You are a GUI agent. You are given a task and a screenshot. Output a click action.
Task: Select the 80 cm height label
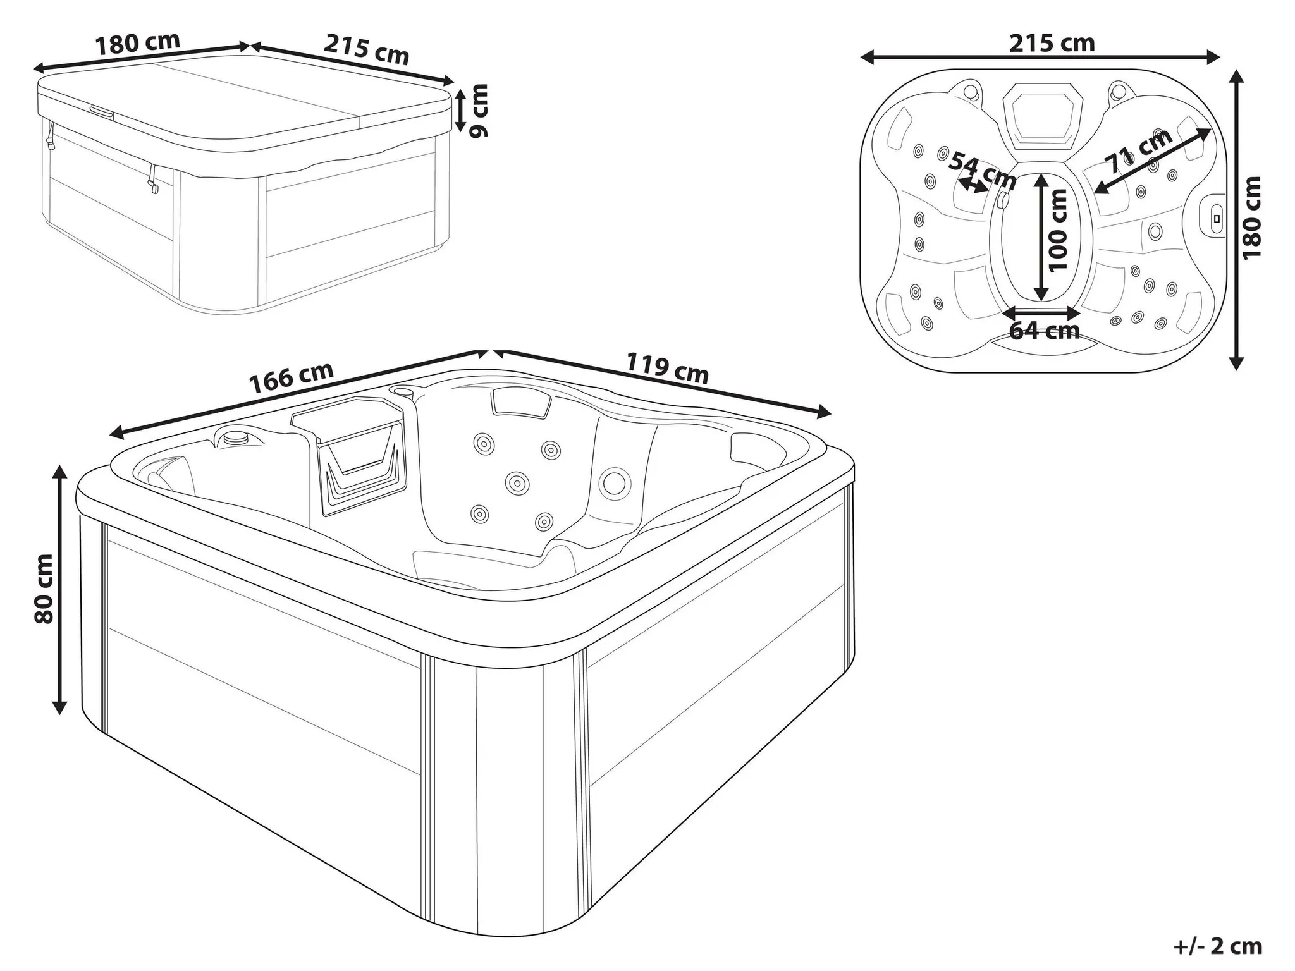pos(45,589)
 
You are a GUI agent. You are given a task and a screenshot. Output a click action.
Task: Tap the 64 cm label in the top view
pos(1044,330)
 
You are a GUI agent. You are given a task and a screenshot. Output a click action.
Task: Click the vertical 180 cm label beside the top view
pos(1251,217)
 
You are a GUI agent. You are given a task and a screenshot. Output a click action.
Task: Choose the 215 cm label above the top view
pos(1052,43)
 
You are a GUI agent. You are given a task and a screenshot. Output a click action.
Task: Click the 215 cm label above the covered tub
pos(367,49)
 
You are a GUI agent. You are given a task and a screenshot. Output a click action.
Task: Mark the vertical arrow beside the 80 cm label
pos(59,589)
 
